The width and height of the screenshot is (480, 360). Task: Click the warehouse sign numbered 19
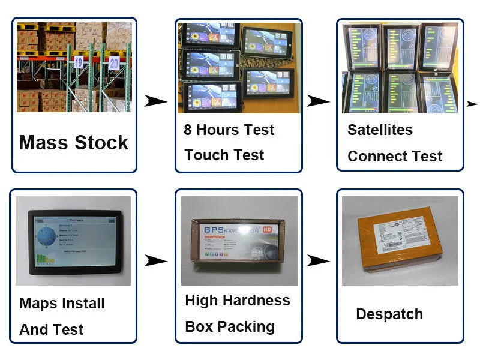pos(79,61)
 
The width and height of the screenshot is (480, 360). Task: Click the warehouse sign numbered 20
pos(114,62)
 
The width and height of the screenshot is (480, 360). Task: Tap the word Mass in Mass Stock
pos(44,143)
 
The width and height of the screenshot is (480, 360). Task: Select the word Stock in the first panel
pos(101,143)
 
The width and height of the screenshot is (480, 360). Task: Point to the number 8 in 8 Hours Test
pos(188,130)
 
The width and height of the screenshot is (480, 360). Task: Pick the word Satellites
pos(380,130)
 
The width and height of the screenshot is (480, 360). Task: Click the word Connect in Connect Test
pos(376,157)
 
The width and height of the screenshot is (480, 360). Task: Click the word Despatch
pos(389,314)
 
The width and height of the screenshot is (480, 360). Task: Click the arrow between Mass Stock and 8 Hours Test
pos(156,101)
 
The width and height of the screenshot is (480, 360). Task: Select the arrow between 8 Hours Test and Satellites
pos(318,101)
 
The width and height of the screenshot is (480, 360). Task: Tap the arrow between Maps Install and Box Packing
pos(156,260)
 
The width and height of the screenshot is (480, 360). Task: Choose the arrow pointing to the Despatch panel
pos(318,260)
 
